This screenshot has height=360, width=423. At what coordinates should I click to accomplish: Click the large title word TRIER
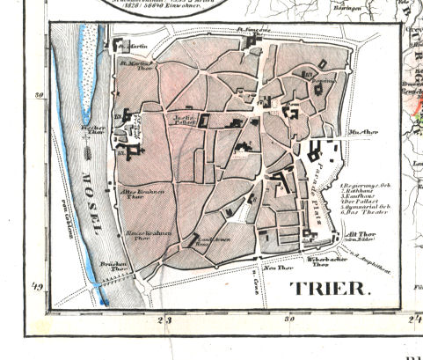click(331, 289)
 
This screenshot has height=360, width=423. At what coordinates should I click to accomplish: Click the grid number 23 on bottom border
click(163, 320)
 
